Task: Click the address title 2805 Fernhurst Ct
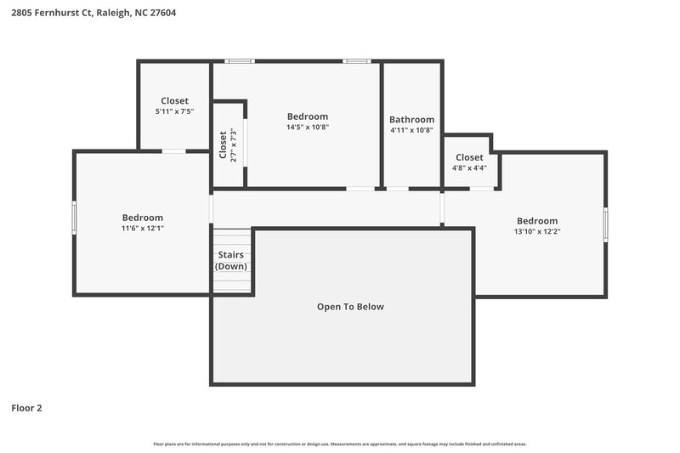pos(94,13)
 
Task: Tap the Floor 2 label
pos(26,408)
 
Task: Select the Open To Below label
pos(350,307)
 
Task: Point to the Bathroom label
pos(411,120)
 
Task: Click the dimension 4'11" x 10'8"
pos(411,131)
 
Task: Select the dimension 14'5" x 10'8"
pos(307,127)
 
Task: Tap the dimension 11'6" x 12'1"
pos(142,229)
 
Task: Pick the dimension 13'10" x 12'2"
pos(536,231)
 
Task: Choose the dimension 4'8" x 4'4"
pos(469,168)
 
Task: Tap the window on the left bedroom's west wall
pos(74,217)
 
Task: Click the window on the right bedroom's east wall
pos(606,224)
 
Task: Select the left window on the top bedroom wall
pos(241,61)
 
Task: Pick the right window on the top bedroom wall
pos(357,61)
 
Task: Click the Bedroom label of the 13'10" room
pos(536,221)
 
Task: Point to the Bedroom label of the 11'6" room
pos(142,218)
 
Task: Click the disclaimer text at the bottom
pos(339,444)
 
